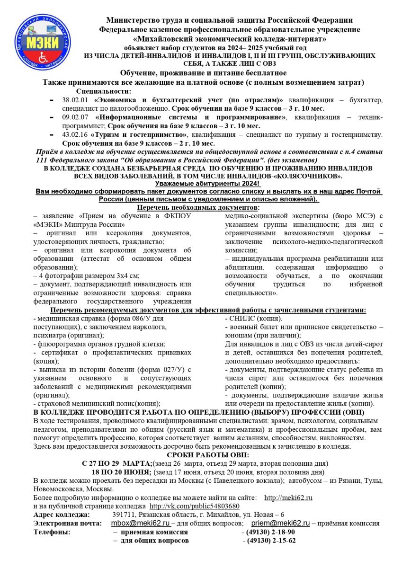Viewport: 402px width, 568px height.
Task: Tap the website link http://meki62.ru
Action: click(x=288, y=498)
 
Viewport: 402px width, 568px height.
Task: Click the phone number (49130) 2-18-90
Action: click(x=268, y=532)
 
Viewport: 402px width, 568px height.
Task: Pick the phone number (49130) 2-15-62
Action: click(x=269, y=541)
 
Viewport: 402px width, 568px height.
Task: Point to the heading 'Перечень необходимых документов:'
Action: click(x=198, y=208)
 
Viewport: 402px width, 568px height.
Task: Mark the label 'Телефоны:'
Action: click(x=52, y=532)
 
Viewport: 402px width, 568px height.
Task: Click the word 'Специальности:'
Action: click(x=103, y=92)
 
